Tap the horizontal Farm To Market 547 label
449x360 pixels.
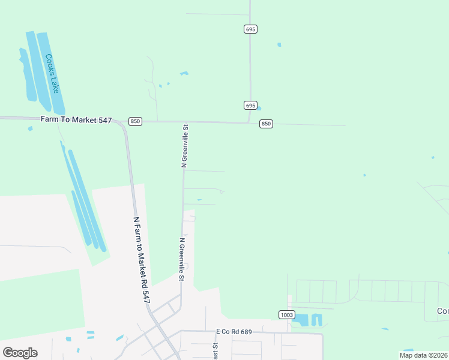point(76,120)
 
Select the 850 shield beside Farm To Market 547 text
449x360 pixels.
point(135,121)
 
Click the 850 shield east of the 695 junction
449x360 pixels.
point(266,124)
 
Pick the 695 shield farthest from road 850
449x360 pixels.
point(251,29)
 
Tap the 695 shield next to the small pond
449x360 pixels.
point(251,105)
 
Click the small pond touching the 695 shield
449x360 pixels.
point(259,109)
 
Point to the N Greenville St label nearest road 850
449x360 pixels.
point(185,146)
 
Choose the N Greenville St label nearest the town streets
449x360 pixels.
point(181,259)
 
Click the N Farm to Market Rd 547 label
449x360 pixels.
point(140,259)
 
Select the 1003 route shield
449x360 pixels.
point(286,314)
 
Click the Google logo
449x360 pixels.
point(20,353)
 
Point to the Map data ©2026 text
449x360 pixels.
point(423,355)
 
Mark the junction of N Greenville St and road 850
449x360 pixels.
point(184,122)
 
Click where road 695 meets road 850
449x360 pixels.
point(250,123)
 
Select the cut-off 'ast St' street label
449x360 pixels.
point(214,350)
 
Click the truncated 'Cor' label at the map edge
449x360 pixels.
point(443,311)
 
